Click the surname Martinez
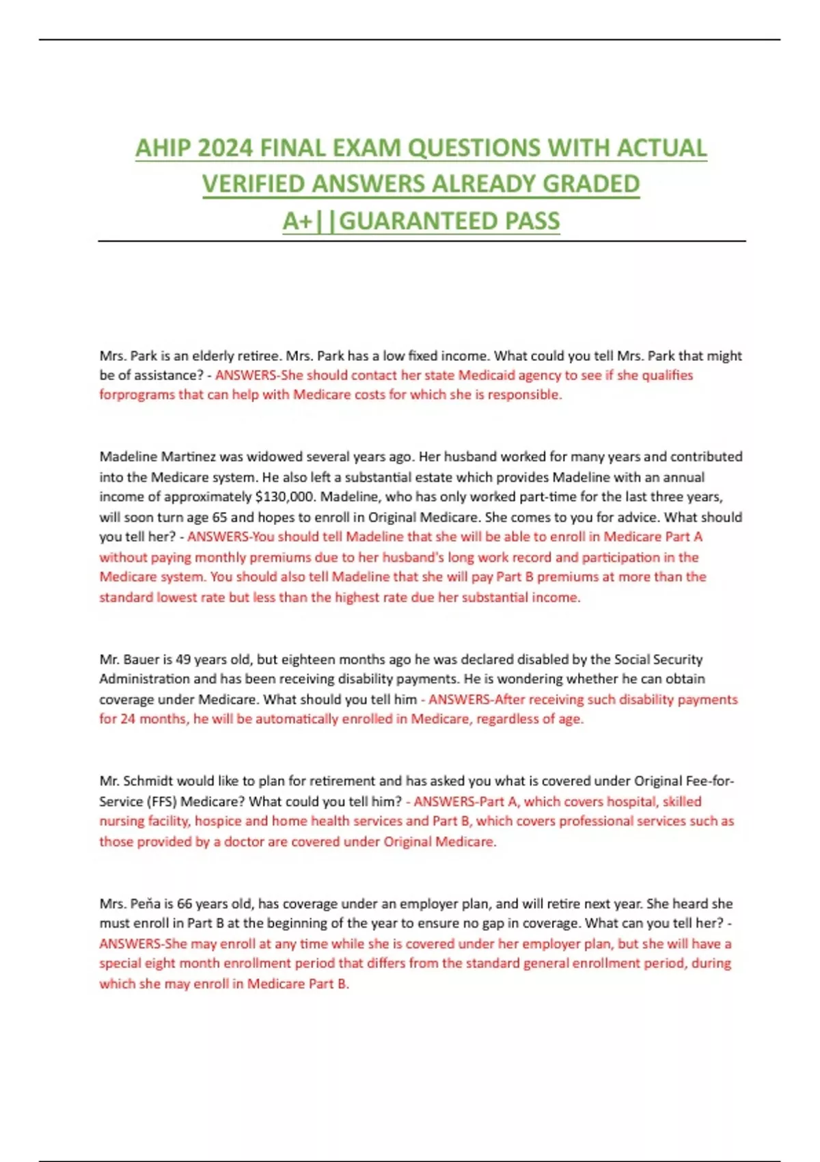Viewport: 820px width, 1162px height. click(186, 457)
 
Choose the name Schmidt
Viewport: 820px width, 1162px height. click(150, 781)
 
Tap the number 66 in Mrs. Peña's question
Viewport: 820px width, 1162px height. click(184, 904)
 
